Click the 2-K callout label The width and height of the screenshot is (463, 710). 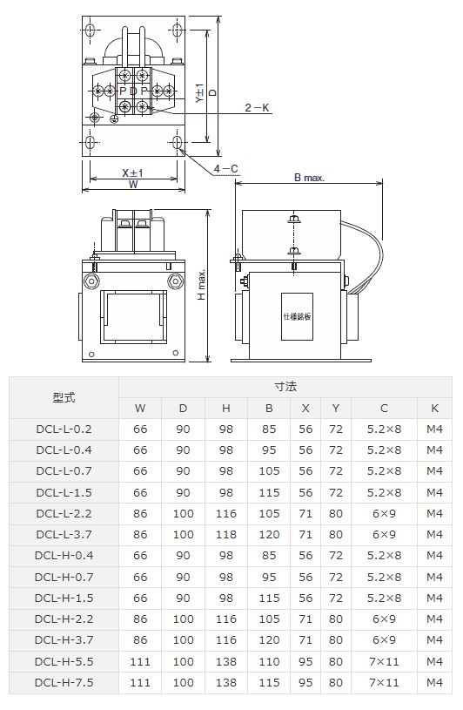click(257, 107)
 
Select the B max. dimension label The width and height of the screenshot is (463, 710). click(308, 177)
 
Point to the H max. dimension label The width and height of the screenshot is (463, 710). click(201, 285)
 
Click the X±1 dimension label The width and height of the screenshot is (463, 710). click(132, 172)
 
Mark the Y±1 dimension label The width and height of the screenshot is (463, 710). click(199, 94)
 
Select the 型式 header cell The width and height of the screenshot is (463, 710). click(64, 397)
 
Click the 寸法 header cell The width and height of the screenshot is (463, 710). click(285, 386)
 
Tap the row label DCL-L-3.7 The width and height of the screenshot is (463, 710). click(64, 534)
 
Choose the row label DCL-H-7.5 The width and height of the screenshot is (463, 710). click(64, 682)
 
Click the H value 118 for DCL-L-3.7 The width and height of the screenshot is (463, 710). click(226, 534)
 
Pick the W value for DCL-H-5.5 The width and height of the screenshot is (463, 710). click(140, 661)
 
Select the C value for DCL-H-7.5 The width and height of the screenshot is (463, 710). click(385, 682)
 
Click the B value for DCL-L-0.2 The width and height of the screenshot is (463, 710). click(270, 429)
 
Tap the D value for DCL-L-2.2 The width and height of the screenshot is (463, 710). click(183, 513)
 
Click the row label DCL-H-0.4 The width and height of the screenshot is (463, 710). click(64, 555)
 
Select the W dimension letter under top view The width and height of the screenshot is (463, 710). click(133, 184)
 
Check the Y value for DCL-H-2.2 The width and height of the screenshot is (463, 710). click(336, 619)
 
